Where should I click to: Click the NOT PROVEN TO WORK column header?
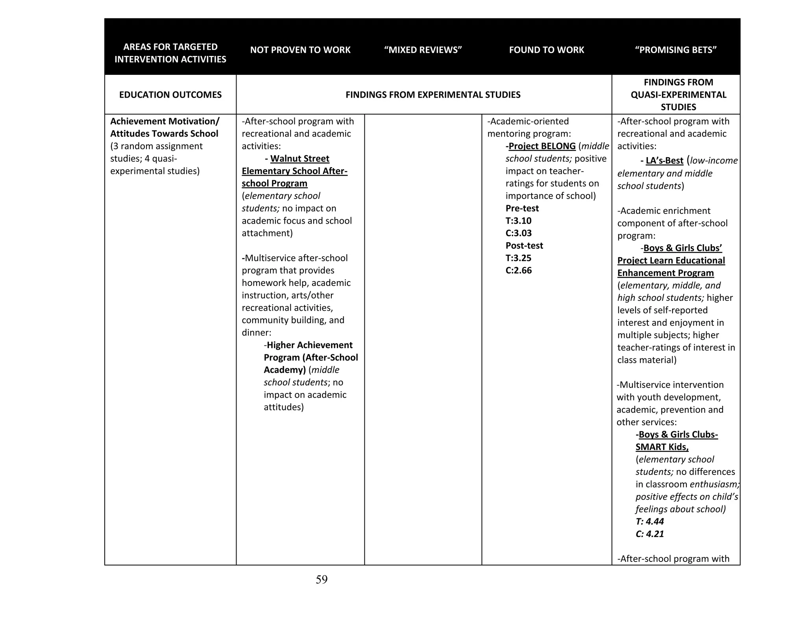300,50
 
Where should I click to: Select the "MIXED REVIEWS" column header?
423,50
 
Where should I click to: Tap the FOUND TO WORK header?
546,50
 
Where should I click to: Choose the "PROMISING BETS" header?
675,50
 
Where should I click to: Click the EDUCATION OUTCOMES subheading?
170,95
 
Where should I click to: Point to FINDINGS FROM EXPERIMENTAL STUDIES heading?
433,95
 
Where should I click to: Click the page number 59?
321,579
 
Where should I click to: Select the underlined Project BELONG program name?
542,146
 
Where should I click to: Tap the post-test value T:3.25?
518,258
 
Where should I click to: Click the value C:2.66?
518,271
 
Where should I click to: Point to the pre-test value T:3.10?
518,221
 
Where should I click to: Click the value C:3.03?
518,233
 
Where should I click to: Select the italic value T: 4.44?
649,522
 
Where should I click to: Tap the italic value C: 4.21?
649,534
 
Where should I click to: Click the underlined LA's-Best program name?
664,161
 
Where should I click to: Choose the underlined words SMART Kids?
662,447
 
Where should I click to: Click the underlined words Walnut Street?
299,159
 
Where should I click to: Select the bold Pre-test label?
522,208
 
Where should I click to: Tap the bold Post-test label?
524,246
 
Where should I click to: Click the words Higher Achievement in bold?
309,345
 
